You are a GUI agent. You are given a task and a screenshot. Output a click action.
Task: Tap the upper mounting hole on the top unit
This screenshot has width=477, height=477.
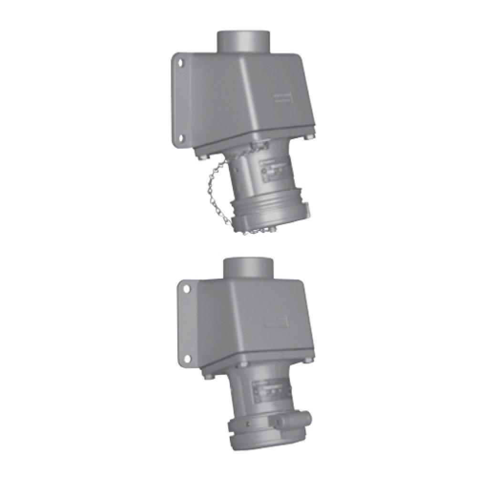[x=181, y=62]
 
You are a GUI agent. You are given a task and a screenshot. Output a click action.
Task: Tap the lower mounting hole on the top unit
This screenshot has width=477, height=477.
[x=181, y=138]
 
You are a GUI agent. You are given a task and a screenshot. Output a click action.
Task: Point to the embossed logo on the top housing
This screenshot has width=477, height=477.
[x=283, y=99]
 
